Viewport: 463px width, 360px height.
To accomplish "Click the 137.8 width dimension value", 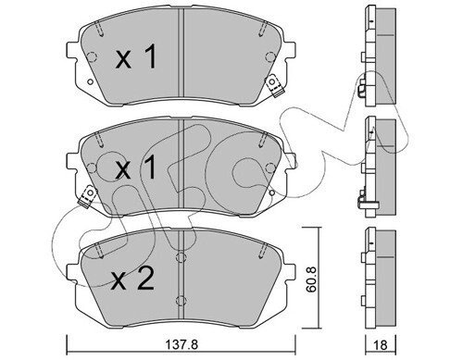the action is (181, 344).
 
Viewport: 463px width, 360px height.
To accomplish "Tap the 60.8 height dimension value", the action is (312, 279).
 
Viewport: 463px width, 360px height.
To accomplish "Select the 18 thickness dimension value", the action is (382, 345).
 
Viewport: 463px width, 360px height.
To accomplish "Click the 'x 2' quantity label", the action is (132, 279).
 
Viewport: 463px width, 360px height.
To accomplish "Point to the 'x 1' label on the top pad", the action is (136, 56).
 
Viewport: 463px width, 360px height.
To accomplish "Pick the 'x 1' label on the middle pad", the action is (136, 168).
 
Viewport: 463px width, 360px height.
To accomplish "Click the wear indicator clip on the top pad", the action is (274, 86).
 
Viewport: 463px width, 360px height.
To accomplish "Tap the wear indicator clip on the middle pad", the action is (88, 196).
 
